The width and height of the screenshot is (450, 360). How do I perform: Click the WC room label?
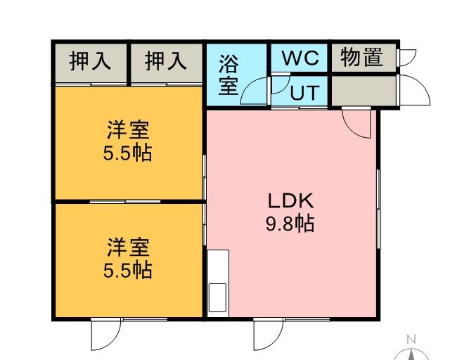point(300,58)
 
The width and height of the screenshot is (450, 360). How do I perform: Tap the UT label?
point(304,92)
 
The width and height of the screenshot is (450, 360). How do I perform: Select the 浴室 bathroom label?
point(229,75)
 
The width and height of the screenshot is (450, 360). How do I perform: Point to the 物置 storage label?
point(361,57)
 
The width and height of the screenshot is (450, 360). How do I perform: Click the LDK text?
point(290,201)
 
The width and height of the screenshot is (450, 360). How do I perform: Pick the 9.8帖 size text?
point(290,224)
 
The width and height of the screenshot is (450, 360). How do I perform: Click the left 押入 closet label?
point(90,60)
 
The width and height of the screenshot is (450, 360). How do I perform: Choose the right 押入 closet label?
point(166,60)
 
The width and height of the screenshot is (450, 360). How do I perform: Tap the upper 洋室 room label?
point(128,130)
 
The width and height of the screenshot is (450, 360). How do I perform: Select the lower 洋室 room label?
point(128,247)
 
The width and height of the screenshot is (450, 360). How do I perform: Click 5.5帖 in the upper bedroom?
point(127,153)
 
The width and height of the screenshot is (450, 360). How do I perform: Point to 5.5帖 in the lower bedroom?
point(127,270)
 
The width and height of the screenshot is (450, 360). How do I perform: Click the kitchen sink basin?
point(217,297)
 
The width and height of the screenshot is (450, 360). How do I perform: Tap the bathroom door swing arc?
point(247,85)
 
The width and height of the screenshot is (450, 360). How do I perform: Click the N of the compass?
point(411,340)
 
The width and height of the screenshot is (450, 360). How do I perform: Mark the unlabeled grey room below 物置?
point(364,91)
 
